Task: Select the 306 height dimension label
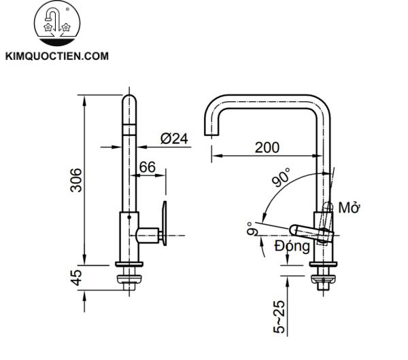77,179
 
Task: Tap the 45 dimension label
77,277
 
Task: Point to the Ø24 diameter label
173,138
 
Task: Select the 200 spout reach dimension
267,146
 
